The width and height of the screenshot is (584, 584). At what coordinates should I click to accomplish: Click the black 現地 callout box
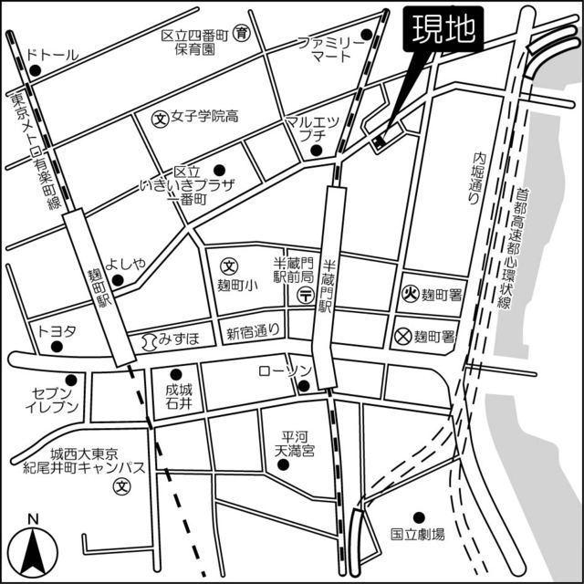point(441,30)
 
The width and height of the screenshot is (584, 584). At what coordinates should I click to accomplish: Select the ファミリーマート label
point(326,49)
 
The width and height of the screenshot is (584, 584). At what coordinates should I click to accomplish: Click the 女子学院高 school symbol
point(160,118)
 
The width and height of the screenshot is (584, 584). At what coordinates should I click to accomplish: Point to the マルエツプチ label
point(312,128)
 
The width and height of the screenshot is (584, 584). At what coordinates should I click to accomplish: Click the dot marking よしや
point(117,279)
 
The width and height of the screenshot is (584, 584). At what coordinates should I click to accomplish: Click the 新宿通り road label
point(252,333)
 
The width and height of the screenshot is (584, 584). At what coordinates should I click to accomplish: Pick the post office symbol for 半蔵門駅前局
point(305,294)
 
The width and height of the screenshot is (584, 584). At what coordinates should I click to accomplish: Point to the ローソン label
point(285,370)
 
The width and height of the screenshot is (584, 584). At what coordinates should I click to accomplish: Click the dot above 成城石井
point(176,373)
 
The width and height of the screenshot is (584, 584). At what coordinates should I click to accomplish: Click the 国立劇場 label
point(417,534)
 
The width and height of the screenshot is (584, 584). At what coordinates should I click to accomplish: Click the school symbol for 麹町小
point(231,267)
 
